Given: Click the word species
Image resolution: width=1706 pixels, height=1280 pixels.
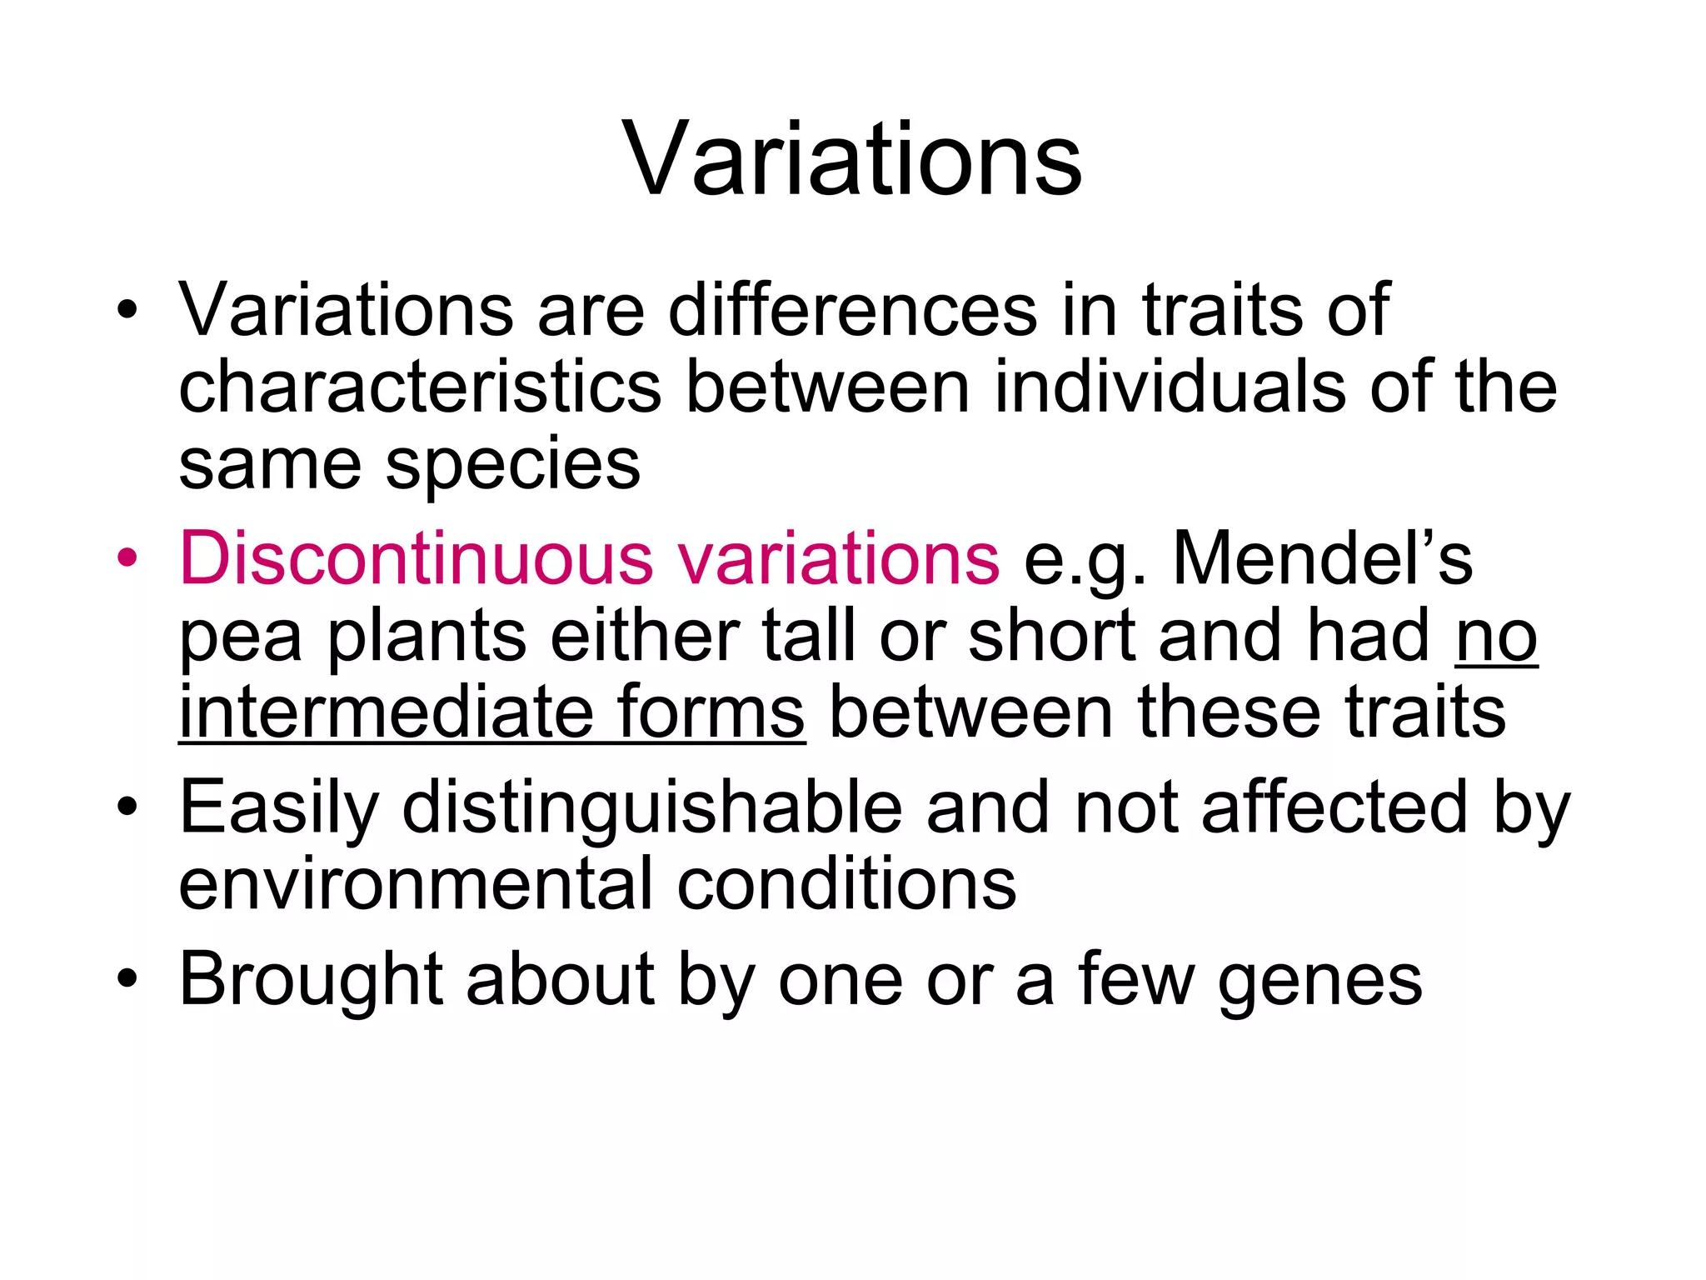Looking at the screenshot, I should click(513, 467).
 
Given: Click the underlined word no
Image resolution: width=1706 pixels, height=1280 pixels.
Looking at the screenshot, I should click(1496, 638).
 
